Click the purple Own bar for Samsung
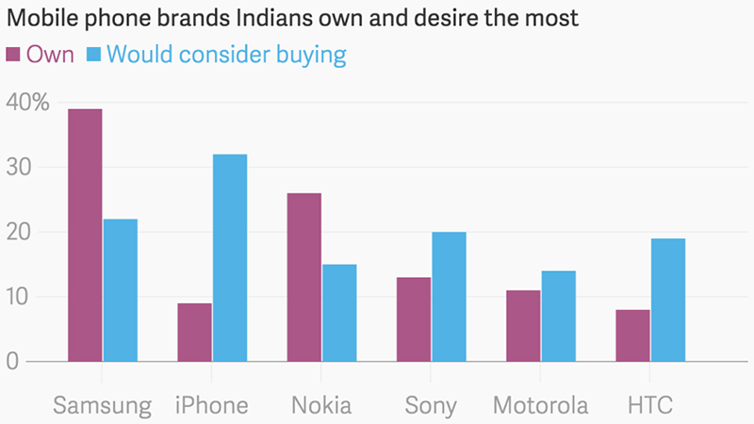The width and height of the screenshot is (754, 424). (85, 236)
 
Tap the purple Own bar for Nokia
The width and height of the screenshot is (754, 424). (304, 277)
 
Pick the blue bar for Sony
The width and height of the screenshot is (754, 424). (449, 297)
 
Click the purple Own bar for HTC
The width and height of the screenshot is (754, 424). (632, 335)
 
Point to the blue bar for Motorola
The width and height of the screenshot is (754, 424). (558, 317)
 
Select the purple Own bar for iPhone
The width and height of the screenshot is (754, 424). (194, 332)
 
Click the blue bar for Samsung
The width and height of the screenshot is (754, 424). (121, 290)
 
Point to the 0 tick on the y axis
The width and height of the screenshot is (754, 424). (12, 362)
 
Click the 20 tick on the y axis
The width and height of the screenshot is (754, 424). (20, 233)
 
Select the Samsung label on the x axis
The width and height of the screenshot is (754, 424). (102, 406)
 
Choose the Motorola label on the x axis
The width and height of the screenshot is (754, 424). (540, 406)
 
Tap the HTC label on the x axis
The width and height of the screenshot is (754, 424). (650, 406)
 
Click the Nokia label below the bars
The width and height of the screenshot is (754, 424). (321, 406)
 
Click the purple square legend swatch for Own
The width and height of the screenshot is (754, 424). (13, 55)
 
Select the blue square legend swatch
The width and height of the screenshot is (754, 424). (94, 55)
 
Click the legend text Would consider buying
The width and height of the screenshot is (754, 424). (225, 55)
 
